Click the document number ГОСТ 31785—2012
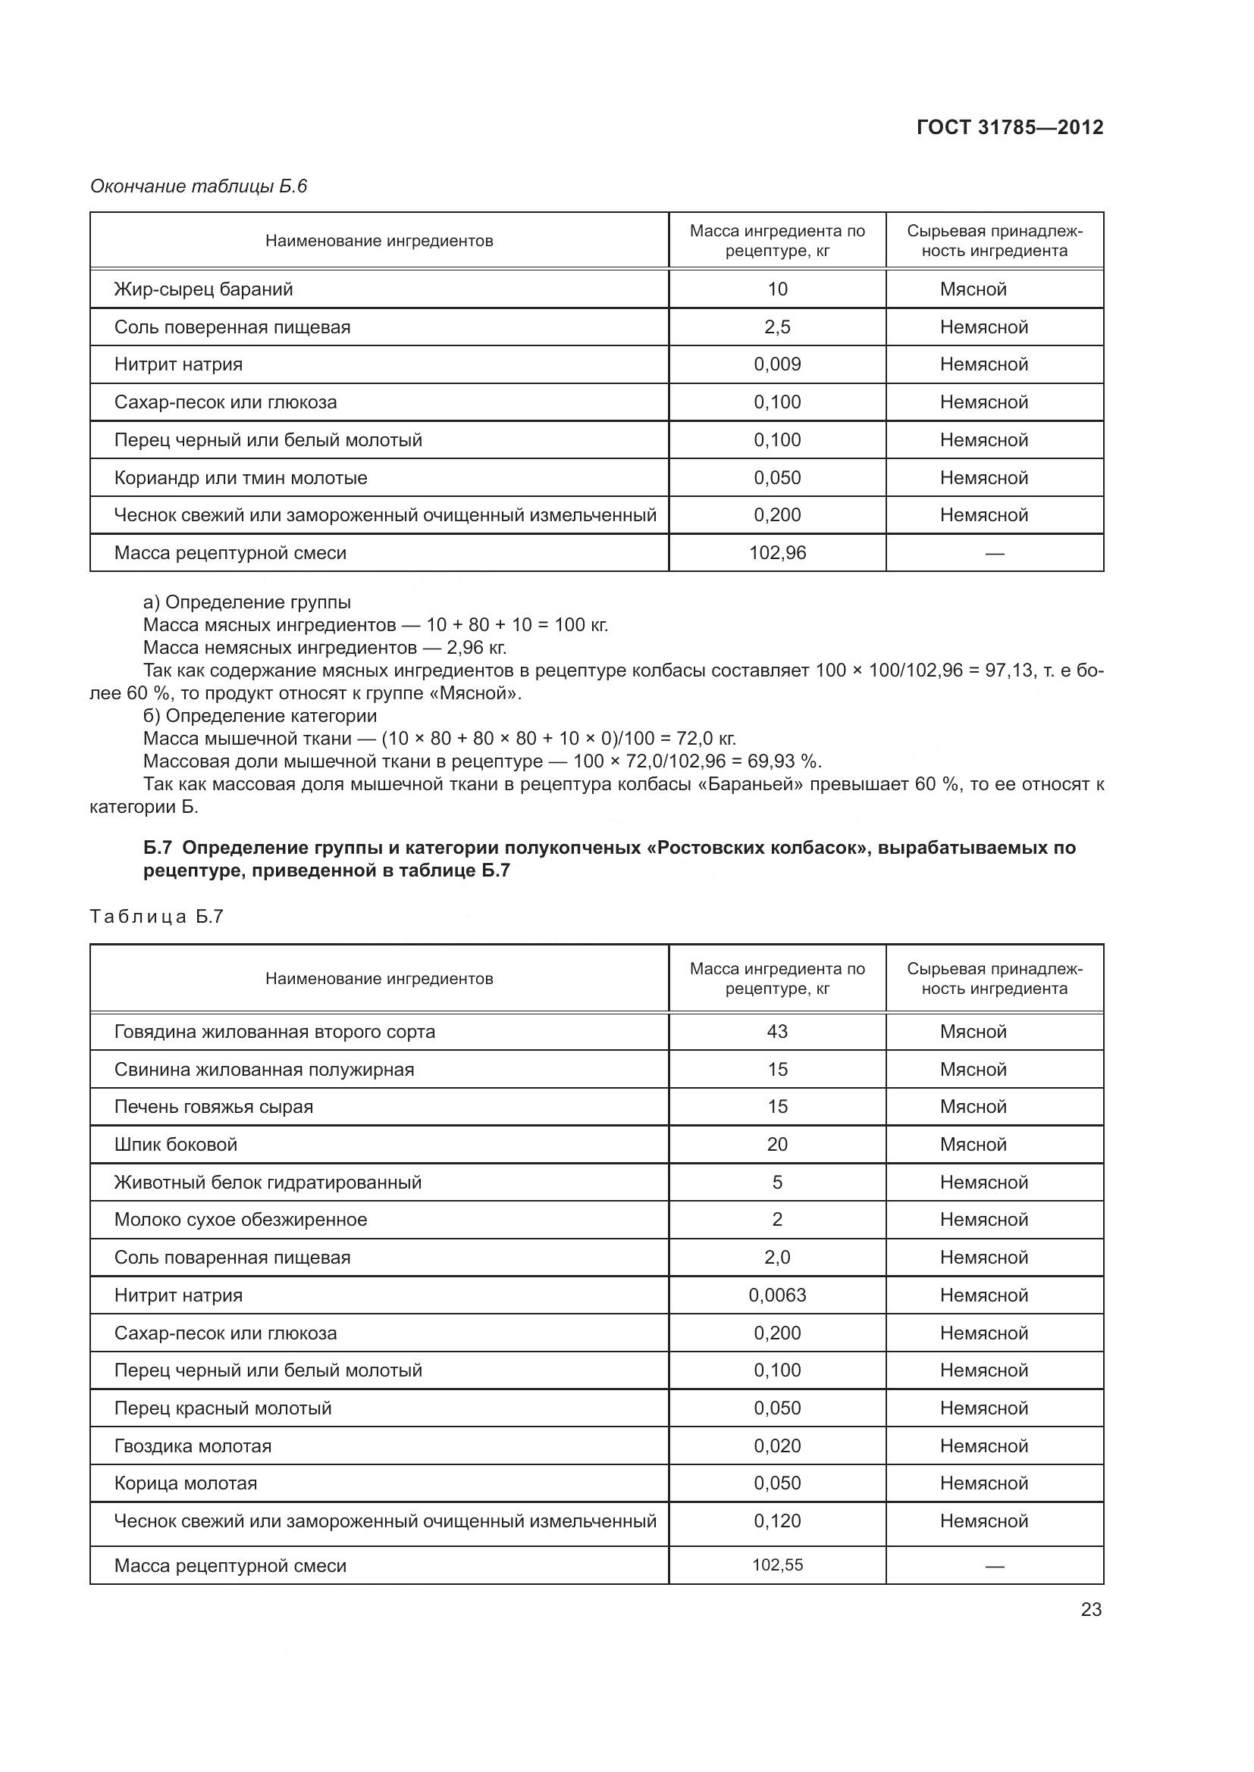(1009, 127)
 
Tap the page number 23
(1090, 1609)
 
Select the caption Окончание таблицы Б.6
(199, 186)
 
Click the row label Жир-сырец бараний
(203, 289)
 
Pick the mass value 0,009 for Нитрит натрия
(777, 364)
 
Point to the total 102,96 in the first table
(777, 552)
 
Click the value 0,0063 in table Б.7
(777, 1295)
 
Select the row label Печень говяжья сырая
(213, 1107)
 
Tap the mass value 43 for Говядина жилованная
(777, 1032)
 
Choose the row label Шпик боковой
(175, 1145)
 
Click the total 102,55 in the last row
(777, 1565)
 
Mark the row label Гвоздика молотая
(193, 1446)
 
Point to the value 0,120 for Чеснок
(777, 1521)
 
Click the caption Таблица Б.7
(157, 916)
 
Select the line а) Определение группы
(247, 602)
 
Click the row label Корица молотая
(185, 1483)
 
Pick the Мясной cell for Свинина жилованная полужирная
(973, 1070)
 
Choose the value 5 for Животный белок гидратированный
(777, 1183)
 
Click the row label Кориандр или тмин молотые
(240, 478)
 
